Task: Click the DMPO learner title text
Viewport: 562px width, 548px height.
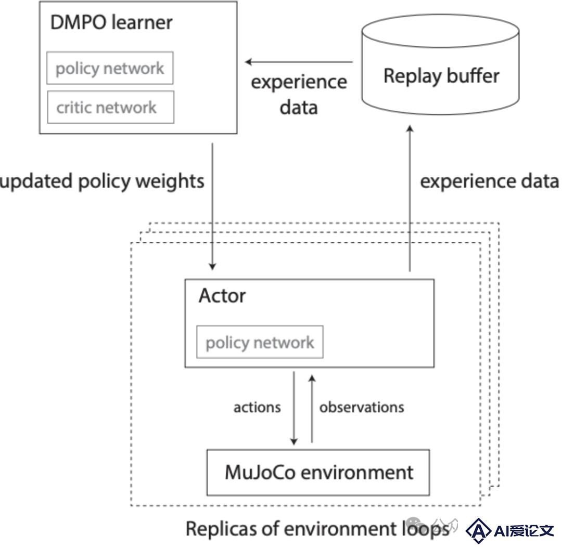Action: (x=111, y=22)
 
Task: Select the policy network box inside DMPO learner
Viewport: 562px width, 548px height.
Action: (x=110, y=68)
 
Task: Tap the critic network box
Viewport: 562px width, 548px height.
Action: (x=110, y=107)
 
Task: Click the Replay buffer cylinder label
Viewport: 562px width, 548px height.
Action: (x=441, y=76)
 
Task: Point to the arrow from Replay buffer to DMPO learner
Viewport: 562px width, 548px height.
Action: (x=299, y=62)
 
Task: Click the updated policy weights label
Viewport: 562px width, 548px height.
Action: (x=102, y=181)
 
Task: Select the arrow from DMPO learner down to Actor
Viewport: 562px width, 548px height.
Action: (x=212, y=206)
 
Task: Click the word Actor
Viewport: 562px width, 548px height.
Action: (x=222, y=296)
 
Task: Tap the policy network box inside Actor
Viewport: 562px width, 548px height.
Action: (x=260, y=342)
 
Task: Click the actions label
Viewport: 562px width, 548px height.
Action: (x=257, y=408)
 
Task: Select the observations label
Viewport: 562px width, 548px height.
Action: (x=362, y=407)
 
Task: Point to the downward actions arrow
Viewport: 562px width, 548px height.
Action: (x=294, y=408)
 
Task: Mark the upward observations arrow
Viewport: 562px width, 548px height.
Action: (x=312, y=409)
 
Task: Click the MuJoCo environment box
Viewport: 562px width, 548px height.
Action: (x=318, y=473)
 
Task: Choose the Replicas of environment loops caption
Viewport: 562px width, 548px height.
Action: (x=317, y=529)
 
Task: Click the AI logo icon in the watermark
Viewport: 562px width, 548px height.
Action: (x=478, y=530)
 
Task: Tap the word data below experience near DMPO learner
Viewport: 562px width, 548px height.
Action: (x=299, y=107)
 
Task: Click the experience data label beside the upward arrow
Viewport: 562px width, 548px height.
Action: (x=489, y=181)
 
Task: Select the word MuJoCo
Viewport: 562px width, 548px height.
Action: (x=261, y=472)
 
